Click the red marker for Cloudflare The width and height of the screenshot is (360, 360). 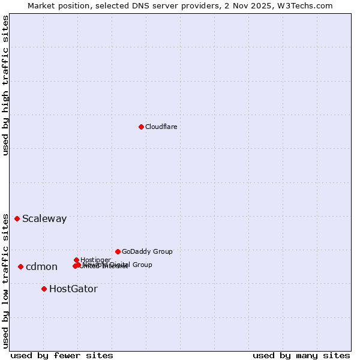(141, 127)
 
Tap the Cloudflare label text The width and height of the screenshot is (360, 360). (161, 127)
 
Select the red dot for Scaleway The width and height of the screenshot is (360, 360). (17, 218)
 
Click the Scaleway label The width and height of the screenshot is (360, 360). (44, 219)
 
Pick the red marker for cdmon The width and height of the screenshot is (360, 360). (20, 266)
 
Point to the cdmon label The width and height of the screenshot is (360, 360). (41, 267)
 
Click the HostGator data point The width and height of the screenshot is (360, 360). (44, 289)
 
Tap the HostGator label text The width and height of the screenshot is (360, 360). (73, 289)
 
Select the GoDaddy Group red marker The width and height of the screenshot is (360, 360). (118, 251)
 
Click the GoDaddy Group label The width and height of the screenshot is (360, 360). (147, 252)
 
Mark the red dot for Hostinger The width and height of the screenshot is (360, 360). (76, 260)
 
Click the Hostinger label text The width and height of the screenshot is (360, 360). (95, 260)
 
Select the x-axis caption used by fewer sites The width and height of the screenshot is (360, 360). (62, 356)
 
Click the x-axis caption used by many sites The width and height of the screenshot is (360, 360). (301, 356)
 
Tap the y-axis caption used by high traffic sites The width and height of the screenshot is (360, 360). (5, 85)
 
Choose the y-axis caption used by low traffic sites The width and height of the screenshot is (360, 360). (5, 281)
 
